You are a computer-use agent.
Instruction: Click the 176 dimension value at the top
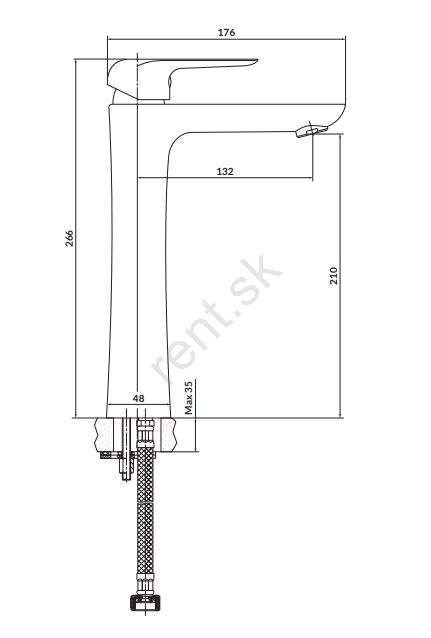point(226,33)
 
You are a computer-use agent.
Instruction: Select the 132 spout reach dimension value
point(225,171)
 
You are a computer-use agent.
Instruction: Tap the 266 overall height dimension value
point(70,238)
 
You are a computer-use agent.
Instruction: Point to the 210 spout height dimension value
point(334,275)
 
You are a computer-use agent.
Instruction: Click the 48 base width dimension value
point(138,398)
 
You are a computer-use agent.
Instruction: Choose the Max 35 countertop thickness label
point(188,398)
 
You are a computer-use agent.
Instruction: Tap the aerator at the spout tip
point(311,131)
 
